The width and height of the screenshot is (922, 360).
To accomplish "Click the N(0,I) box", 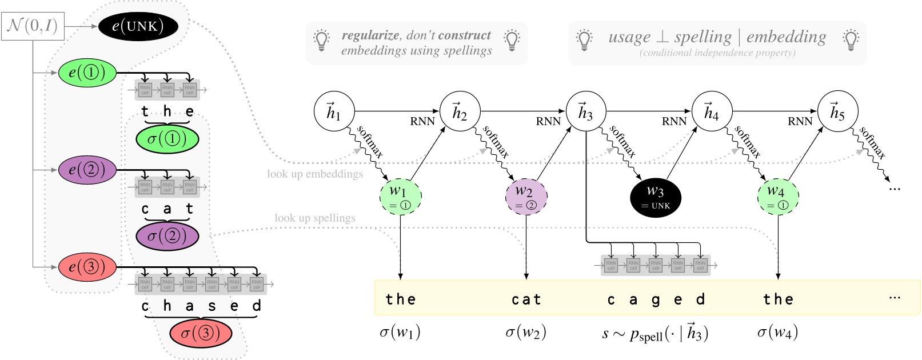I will (x=33, y=26).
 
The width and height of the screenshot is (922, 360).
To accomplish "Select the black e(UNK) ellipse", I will (x=138, y=26).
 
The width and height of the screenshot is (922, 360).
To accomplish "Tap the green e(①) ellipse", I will (x=87, y=73).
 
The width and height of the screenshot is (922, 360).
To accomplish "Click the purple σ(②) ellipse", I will (x=167, y=236).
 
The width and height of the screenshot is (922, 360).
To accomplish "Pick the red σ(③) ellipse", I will (x=201, y=334).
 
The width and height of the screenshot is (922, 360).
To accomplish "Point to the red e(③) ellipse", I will (x=87, y=267).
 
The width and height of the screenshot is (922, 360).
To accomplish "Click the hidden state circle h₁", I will (x=334, y=111).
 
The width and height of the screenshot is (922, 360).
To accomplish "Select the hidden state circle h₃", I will (x=586, y=111).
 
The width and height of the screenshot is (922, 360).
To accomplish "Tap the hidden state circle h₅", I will (x=837, y=111).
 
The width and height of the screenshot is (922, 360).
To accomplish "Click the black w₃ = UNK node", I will (x=656, y=197).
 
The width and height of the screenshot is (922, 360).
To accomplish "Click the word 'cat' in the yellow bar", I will (x=526, y=299).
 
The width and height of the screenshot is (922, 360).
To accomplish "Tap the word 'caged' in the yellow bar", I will (x=656, y=299).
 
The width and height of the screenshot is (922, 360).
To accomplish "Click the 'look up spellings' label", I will (x=315, y=218).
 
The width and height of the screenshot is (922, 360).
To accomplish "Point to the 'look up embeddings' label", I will (x=315, y=174).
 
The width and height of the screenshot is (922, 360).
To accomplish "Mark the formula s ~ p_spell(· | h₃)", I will (x=656, y=333).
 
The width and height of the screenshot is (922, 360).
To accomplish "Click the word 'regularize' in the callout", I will (x=370, y=35).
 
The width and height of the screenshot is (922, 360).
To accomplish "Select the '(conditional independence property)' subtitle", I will (x=717, y=53).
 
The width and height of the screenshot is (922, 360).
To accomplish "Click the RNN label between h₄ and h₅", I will (x=800, y=121).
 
